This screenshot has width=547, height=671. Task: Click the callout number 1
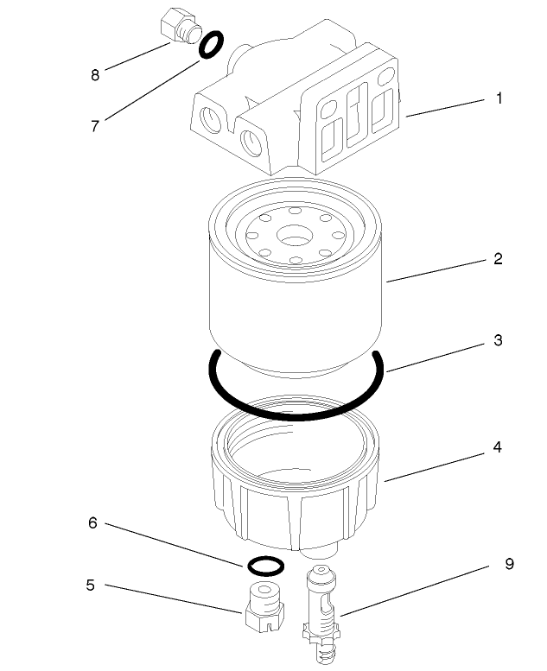tap(499, 98)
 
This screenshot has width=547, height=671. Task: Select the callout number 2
tap(498, 259)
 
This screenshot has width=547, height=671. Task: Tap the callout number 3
tap(498, 340)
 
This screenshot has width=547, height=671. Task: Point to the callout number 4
tap(498, 448)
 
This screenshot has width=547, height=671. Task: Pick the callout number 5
tap(90, 586)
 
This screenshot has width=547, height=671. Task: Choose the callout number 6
tap(92, 523)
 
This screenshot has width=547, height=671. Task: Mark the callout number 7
tap(95, 125)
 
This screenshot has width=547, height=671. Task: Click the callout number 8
tap(95, 75)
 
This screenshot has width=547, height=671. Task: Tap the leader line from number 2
tap(436, 269)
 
